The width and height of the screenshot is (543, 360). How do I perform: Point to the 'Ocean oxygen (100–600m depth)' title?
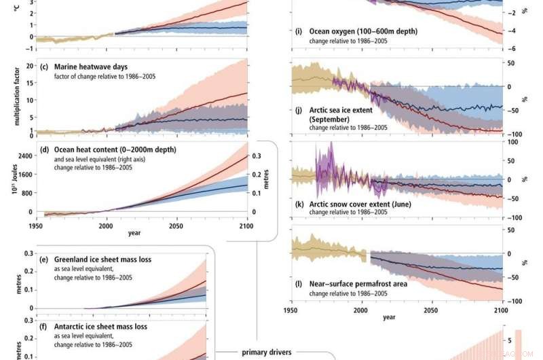pos(363,31)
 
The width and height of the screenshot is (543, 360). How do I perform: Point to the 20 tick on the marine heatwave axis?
pos(29,66)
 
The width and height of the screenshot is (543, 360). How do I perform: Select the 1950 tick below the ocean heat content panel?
pos(35,225)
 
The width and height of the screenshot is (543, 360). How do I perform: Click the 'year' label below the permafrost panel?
pos(389,317)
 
